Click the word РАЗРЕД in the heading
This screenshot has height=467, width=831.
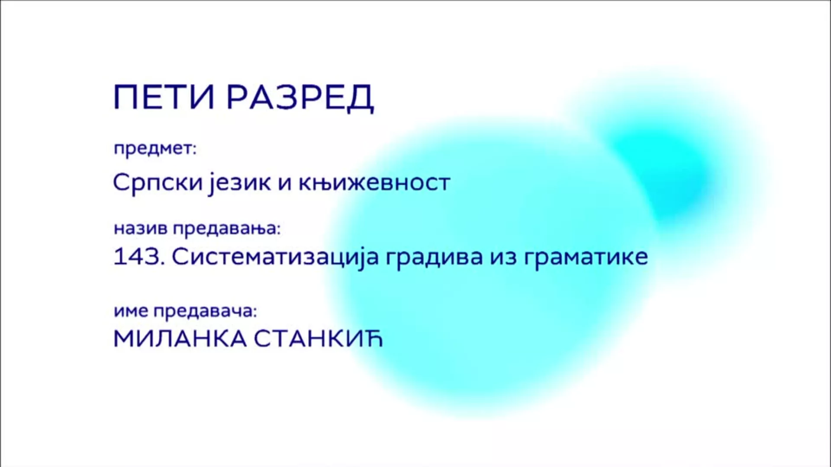pyautogui.click(x=300, y=98)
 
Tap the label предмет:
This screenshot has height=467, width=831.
pyautogui.click(x=155, y=149)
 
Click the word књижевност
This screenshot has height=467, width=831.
pyautogui.click(x=374, y=183)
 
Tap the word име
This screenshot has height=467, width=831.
pyautogui.click(x=131, y=311)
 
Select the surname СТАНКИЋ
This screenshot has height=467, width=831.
pyautogui.click(x=319, y=339)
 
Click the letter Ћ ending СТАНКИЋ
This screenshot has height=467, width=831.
pyautogui.click(x=374, y=339)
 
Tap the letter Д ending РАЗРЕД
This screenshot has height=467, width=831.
pyautogui.click(x=361, y=99)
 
